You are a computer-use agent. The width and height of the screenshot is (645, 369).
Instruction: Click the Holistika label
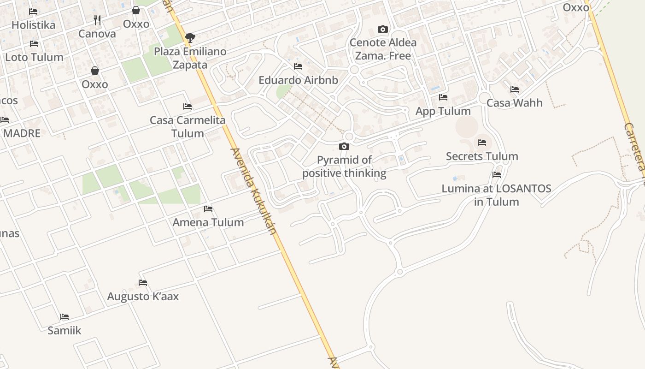33,25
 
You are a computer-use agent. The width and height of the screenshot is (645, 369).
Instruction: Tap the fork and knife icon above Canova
97,20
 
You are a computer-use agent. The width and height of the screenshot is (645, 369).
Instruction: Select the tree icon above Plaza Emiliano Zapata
190,37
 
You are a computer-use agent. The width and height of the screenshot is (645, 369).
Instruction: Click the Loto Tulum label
34,57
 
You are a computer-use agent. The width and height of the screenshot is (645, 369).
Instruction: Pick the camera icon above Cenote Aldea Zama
383,29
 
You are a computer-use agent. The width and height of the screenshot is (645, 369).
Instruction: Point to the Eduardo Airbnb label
298,80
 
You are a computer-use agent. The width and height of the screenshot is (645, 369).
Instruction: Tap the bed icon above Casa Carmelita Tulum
188,107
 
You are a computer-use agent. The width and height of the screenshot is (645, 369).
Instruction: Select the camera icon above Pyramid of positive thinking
344,147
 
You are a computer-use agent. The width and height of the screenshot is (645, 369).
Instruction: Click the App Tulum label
443,111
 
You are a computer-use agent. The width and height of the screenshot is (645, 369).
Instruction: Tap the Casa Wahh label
515,102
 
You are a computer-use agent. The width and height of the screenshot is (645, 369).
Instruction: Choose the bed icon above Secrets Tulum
482,142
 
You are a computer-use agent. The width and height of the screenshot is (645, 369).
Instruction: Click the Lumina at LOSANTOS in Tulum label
496,195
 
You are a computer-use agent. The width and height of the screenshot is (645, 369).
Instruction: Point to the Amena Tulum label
208,222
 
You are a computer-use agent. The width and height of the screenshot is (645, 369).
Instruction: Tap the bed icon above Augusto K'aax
143,282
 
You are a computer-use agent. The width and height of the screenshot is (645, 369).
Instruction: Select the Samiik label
64,330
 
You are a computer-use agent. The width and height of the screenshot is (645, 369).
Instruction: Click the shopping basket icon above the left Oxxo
95,71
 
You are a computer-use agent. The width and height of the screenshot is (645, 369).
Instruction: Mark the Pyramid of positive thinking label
344,167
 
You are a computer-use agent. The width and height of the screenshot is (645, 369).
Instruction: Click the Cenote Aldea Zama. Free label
383,49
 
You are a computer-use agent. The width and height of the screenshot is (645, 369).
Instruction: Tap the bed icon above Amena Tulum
208,209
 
